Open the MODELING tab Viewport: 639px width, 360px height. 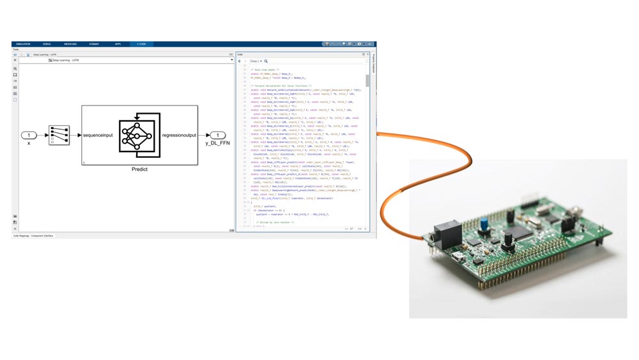(x=70, y=44)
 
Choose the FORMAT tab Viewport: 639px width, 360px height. (x=94, y=44)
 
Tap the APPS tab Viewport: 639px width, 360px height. (x=118, y=44)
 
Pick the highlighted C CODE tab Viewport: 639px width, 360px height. (x=141, y=44)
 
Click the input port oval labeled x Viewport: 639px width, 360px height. (x=29, y=135)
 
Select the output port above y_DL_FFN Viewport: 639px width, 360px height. (x=217, y=135)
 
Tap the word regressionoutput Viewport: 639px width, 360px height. (x=178, y=135)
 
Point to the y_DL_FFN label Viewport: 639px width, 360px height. (x=217, y=143)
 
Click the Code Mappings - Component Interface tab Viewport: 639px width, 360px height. (x=34, y=235)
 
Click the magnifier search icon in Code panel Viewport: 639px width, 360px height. (x=266, y=61)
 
